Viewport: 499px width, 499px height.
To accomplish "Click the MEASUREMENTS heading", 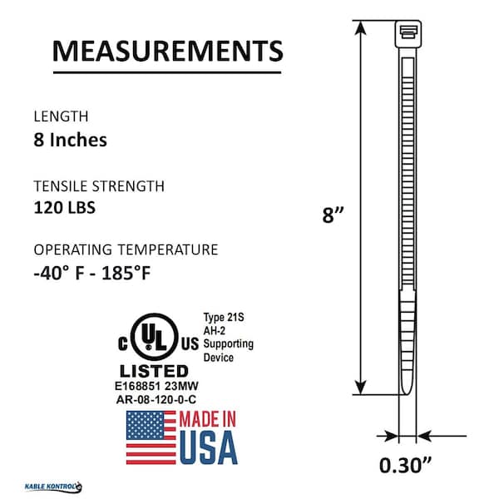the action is point(167,51).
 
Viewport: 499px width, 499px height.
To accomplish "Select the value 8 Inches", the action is point(71,140).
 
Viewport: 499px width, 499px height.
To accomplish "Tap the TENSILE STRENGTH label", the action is point(99,186).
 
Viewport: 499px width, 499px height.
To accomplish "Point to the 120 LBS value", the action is point(65,207).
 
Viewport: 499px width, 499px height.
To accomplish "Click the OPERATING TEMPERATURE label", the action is point(126,249).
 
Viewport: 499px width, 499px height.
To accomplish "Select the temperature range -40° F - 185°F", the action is point(92,274).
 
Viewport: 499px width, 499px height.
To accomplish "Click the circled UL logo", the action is point(155,337).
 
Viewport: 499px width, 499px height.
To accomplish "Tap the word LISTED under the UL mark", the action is point(154,372).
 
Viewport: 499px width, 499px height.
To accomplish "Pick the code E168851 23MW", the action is point(156,387).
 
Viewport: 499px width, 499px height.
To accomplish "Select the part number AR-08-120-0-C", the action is point(156,400).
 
